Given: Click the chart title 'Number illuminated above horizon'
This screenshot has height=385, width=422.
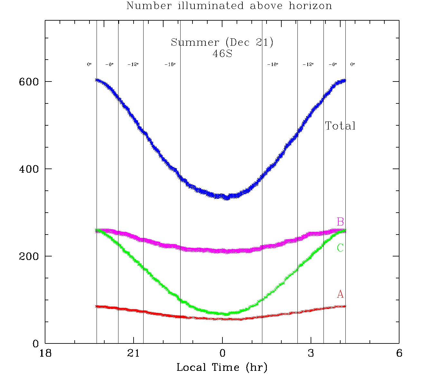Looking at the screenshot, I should point(229,6).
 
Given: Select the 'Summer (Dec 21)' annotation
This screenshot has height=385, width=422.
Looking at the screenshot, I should point(222,42).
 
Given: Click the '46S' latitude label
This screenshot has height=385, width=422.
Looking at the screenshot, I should point(222,53).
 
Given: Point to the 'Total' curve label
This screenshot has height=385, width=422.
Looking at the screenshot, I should point(340,126).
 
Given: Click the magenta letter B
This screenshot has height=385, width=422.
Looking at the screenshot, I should point(340,222).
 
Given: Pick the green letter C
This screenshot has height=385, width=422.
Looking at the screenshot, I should point(340,248).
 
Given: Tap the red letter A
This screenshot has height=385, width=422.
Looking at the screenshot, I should point(340,294).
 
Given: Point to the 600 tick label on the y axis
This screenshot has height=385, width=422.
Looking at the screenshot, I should point(29,82).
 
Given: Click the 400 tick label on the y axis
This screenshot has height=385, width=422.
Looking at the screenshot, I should point(29,169).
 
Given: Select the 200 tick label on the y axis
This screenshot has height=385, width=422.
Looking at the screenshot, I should point(29,256).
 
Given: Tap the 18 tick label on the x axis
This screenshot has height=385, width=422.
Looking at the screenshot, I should point(45,353).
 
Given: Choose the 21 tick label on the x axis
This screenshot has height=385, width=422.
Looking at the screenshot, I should point(134,353).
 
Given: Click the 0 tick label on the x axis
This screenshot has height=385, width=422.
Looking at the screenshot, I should point(222,353).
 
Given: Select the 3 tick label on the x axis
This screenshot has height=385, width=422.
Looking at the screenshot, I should point(311,353).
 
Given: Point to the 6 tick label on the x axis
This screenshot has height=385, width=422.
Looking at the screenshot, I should point(399,353).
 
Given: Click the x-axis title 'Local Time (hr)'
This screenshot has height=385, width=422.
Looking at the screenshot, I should point(222,367).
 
